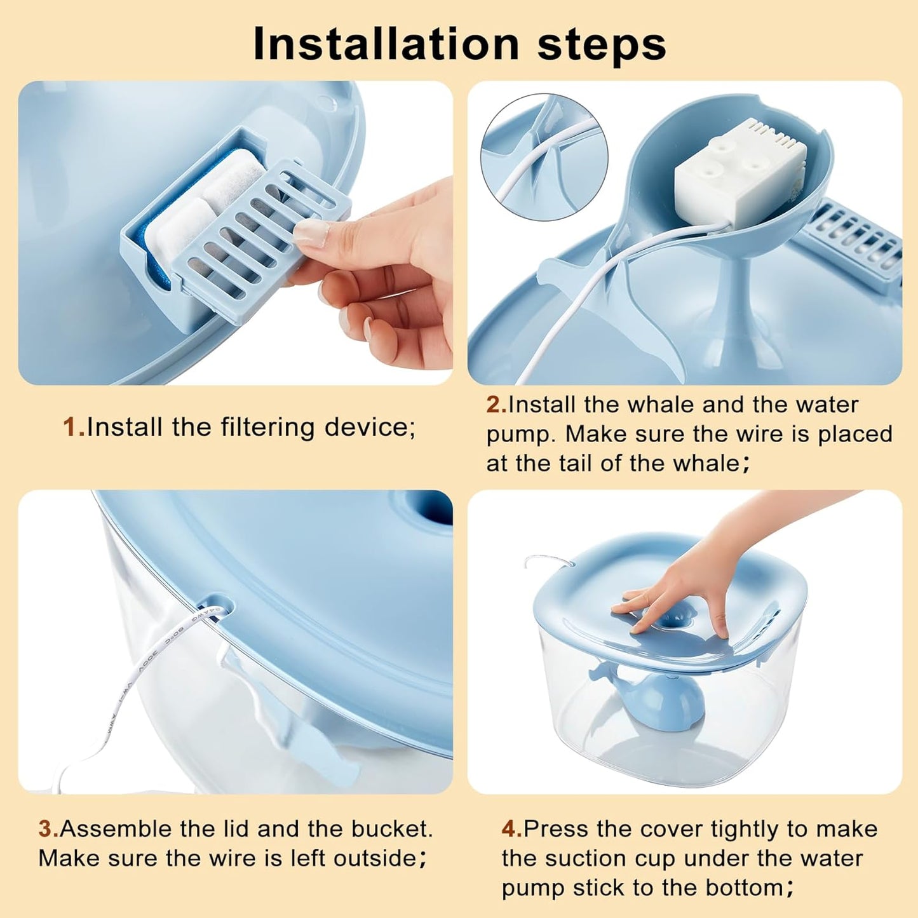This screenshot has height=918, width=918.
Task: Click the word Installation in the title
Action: [386, 44]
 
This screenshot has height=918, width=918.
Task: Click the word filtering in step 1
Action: [267, 428]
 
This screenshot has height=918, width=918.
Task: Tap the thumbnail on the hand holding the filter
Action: [312, 233]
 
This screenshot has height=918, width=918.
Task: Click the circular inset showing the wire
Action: [544, 157]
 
